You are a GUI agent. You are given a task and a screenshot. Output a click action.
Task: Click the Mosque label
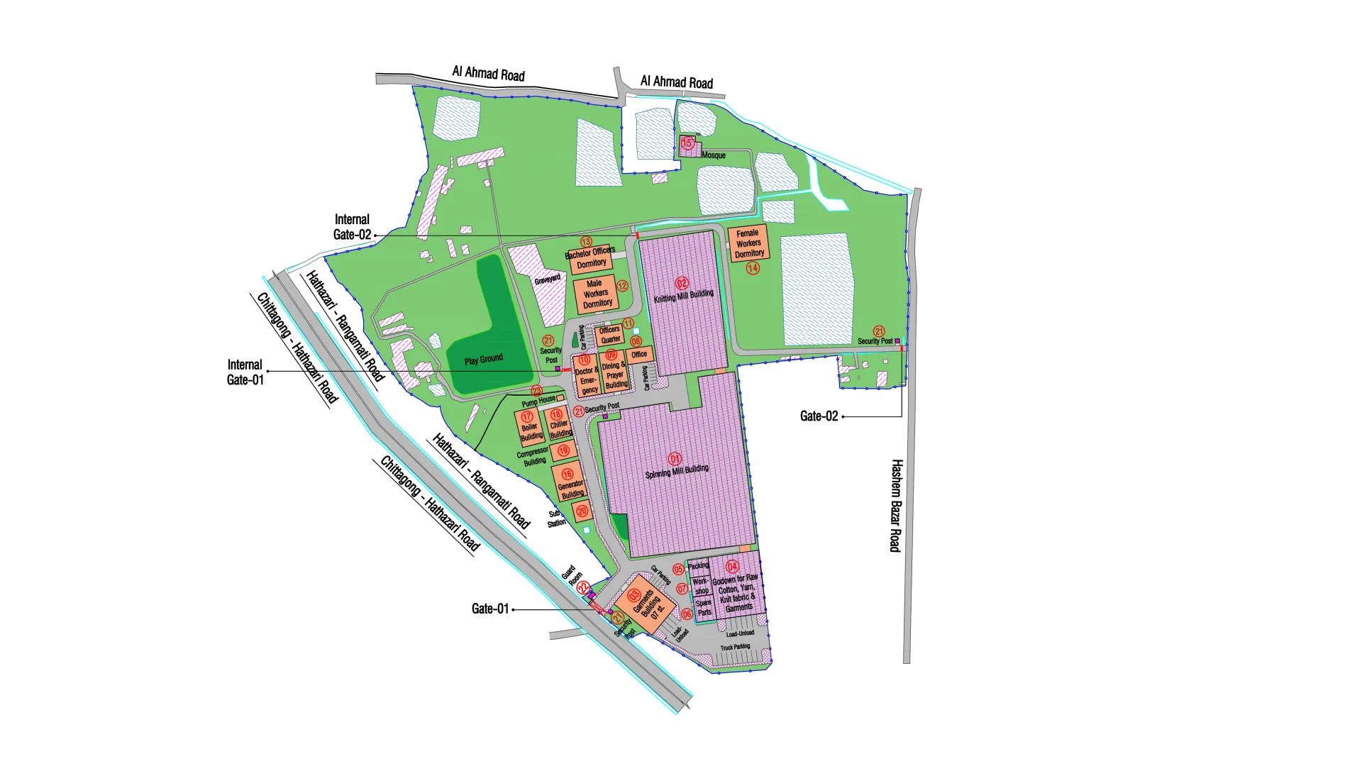pyautogui.click(x=713, y=155)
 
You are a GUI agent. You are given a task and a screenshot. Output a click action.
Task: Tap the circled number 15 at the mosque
pyautogui.click(x=687, y=143)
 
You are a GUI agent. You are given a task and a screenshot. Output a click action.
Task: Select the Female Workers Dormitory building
pyautogui.click(x=748, y=243)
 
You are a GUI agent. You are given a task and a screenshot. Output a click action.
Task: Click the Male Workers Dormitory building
pyautogui.click(x=595, y=293)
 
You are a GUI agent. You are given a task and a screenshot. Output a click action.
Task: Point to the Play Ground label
pyautogui.click(x=483, y=360)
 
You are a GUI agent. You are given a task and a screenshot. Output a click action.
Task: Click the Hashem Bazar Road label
pyautogui.click(x=896, y=505)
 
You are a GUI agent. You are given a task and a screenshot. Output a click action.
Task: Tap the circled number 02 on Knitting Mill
pyautogui.click(x=682, y=283)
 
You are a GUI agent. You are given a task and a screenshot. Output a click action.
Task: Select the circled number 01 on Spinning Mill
pyautogui.click(x=675, y=459)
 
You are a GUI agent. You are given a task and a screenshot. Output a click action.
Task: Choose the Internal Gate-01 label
pyautogui.click(x=245, y=372)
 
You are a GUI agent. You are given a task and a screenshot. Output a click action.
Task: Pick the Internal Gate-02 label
pyautogui.click(x=352, y=227)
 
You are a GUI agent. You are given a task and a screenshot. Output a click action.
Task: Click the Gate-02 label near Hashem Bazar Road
pyautogui.click(x=819, y=416)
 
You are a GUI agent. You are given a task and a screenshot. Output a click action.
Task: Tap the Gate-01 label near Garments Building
pyautogui.click(x=489, y=609)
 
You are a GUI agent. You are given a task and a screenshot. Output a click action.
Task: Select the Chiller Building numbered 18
pyautogui.click(x=559, y=424)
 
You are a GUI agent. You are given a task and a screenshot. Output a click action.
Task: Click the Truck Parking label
pyautogui.click(x=735, y=647)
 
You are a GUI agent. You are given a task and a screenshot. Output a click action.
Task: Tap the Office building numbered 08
pyautogui.click(x=639, y=354)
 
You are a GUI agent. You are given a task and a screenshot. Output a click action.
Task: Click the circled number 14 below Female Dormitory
pyautogui.click(x=753, y=268)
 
